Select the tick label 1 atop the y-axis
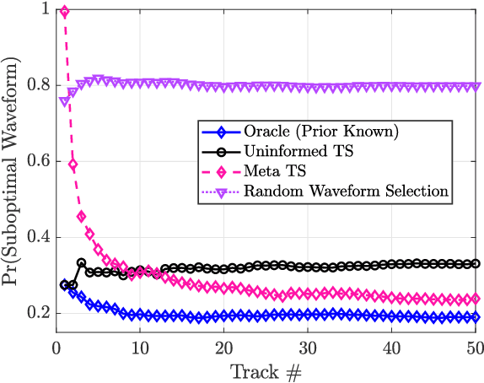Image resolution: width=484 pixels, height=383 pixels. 41,10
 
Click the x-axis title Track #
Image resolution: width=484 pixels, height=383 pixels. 265,370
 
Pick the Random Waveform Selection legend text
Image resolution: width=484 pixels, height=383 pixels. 346,191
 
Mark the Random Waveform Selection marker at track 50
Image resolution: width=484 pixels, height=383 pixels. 474,87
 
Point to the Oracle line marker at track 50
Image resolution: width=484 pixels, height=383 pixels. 474,317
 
